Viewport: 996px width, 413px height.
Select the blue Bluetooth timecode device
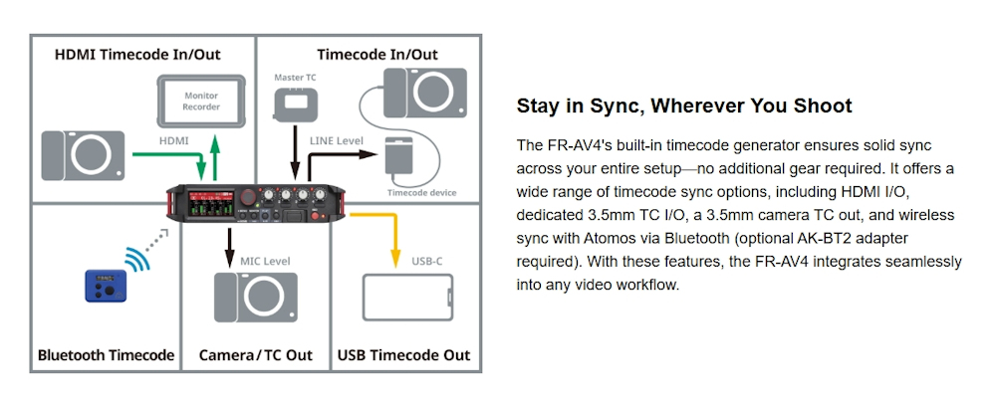[106, 286]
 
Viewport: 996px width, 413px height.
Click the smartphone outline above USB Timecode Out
[407, 297]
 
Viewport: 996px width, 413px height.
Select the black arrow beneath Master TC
[295, 152]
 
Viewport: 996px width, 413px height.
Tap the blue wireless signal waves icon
[138, 258]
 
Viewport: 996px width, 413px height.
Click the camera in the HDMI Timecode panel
[84, 155]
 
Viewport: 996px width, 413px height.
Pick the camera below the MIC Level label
[255, 298]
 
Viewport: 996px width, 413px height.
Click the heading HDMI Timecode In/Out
[137, 54]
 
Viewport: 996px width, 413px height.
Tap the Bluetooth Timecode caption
[107, 354]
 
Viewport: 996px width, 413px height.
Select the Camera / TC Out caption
[255, 354]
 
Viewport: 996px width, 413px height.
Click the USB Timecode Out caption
[403, 354]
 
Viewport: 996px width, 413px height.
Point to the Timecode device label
[421, 193]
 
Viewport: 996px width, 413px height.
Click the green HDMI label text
[173, 141]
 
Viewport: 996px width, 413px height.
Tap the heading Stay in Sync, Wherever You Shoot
[684, 105]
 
